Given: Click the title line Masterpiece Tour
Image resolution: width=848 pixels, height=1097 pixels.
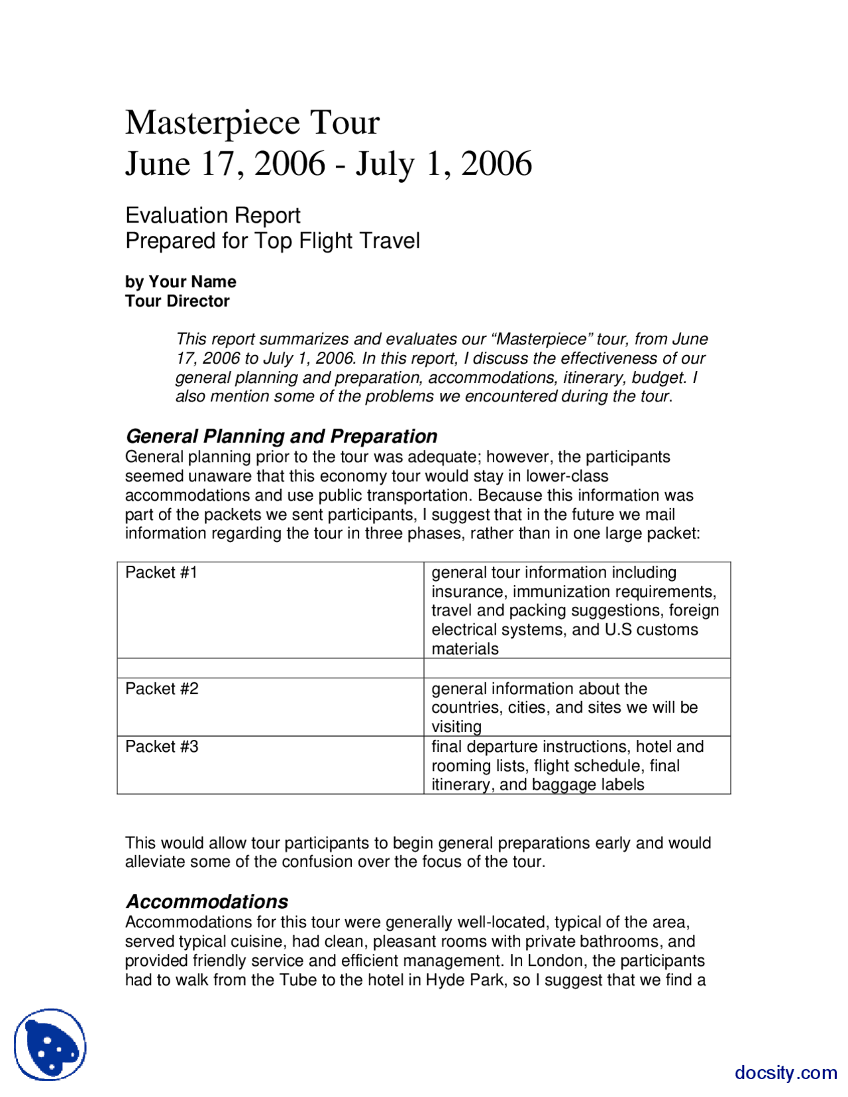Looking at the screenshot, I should (x=252, y=123).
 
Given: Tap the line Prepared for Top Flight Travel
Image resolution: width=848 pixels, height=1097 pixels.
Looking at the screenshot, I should (x=272, y=240).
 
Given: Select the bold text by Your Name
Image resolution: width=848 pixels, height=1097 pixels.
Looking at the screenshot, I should (x=180, y=282).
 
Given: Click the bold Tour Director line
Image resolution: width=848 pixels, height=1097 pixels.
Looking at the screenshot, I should (x=177, y=301).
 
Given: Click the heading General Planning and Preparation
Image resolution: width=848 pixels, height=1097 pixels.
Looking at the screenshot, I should (x=281, y=436).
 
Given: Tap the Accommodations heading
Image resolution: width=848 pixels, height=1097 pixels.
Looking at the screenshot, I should (x=207, y=902).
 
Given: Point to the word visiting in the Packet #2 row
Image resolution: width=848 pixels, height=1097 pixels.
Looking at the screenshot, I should (x=456, y=727).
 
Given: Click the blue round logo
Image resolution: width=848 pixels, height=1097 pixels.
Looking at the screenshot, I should (x=50, y=1045).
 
